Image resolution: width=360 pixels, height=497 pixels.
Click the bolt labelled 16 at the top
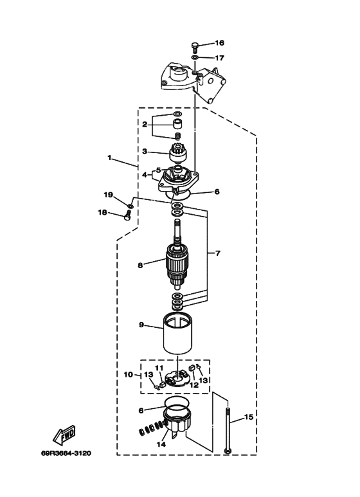click(195, 48)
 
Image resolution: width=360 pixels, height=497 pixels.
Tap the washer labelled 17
click(195, 57)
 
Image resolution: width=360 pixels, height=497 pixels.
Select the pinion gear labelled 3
click(178, 152)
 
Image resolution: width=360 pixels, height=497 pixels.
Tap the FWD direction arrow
click(64, 435)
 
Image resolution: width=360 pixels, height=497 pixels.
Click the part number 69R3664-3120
click(66, 453)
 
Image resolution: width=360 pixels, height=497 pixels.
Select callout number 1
click(110, 158)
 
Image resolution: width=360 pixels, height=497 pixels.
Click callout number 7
click(218, 253)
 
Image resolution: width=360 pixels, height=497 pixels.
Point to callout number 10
click(129, 375)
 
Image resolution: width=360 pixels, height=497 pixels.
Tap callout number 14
click(161, 444)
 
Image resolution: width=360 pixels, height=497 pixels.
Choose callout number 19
click(109, 195)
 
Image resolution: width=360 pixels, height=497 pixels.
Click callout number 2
click(145, 124)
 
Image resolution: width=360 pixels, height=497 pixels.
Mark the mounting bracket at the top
click(194, 84)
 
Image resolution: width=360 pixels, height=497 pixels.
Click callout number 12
click(194, 384)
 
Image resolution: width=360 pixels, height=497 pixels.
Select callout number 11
click(159, 368)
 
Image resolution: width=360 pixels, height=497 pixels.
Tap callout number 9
click(141, 325)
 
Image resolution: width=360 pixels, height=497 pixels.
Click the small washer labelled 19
click(130, 206)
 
